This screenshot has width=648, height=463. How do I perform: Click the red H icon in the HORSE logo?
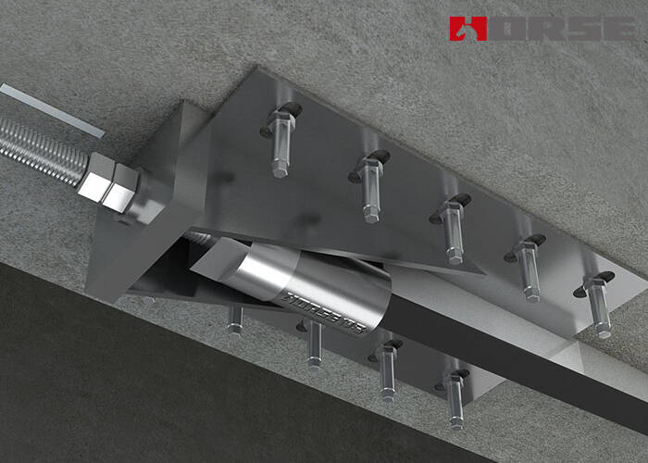(x=468, y=28)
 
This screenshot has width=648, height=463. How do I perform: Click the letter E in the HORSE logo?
(x=618, y=28)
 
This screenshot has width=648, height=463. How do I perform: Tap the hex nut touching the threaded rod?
(x=95, y=174)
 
